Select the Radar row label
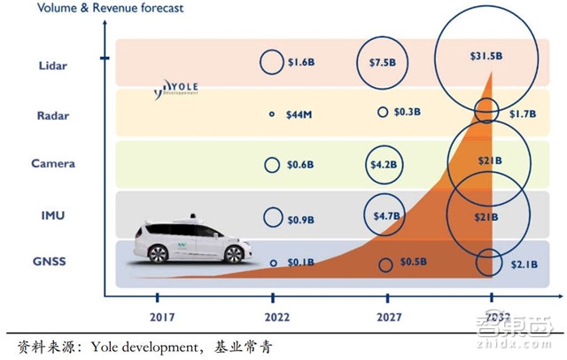click(x=54, y=114)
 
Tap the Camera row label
click(x=53, y=163)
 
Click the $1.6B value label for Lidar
click(x=301, y=63)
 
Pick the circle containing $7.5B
click(x=383, y=63)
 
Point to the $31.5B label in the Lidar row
click(x=486, y=56)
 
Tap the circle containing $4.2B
click(x=383, y=164)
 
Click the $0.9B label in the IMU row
click(x=301, y=217)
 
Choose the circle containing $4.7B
click(x=383, y=214)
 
